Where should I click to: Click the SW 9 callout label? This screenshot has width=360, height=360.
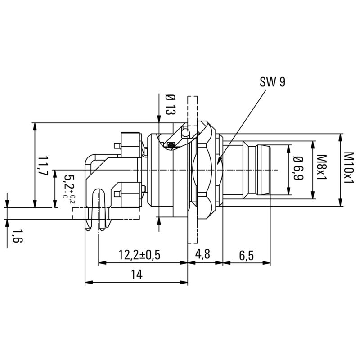tap(272, 82)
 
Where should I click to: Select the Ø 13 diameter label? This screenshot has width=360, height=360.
tap(170, 105)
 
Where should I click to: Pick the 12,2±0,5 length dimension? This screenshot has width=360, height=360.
tap(139, 255)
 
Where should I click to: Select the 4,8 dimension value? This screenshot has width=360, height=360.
tap(202, 255)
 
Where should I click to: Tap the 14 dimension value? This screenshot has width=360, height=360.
tap(136, 275)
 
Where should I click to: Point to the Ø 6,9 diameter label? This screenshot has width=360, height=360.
tap(297, 168)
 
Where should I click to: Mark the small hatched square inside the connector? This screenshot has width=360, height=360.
tap(171, 145)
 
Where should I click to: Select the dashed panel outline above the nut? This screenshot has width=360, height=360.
tap(192, 108)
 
